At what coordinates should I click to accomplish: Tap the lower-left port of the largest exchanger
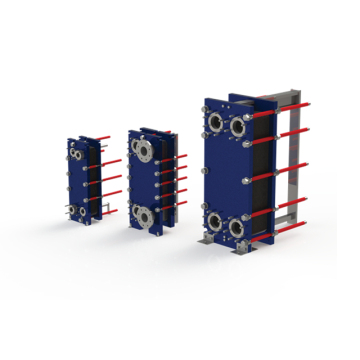214,221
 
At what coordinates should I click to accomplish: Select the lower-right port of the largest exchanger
238,228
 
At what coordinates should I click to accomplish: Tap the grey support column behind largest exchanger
294,170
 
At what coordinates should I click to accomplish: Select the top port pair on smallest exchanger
76,156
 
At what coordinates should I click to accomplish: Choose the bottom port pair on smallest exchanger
76,209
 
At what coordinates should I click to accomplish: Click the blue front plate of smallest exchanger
77,182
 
